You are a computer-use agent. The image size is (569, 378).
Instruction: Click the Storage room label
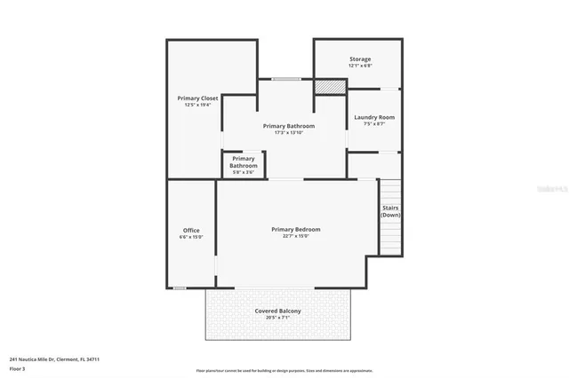point(360,59)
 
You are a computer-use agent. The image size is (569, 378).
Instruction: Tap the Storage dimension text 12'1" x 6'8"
point(360,66)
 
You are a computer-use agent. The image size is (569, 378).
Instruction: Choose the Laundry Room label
point(373,117)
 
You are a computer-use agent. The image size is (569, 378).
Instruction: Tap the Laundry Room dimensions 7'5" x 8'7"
point(373,123)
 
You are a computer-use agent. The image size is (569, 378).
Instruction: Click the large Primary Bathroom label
point(289,126)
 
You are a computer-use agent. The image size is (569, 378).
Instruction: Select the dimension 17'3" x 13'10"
point(289,132)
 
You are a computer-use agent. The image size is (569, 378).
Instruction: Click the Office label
point(191,231)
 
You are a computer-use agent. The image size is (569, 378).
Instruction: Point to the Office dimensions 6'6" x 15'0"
point(191,237)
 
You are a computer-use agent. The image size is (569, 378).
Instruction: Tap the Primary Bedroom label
point(295,229)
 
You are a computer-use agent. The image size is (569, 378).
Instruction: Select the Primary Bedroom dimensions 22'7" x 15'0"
point(295,236)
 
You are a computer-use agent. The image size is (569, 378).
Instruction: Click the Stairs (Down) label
point(390,212)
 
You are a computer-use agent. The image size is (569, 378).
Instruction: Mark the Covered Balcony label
point(277,311)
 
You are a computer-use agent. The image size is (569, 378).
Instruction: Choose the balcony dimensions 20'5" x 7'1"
point(277,318)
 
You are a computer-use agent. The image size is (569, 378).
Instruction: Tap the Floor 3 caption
point(17,367)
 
